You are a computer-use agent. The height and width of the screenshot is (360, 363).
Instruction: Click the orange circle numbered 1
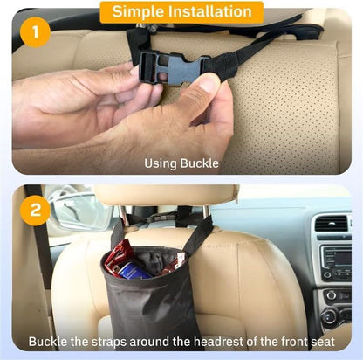(36, 31)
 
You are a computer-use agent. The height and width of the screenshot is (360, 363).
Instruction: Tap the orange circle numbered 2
(36, 210)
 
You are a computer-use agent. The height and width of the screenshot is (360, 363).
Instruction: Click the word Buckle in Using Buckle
(200, 163)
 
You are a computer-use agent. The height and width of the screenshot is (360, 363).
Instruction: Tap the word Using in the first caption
(161, 163)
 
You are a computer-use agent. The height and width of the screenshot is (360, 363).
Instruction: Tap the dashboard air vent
(332, 225)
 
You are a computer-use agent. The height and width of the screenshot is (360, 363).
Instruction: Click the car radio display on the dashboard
(337, 258)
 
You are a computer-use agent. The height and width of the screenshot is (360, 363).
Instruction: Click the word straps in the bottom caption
(109, 342)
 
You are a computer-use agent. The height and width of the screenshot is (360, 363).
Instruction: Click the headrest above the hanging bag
(166, 195)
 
